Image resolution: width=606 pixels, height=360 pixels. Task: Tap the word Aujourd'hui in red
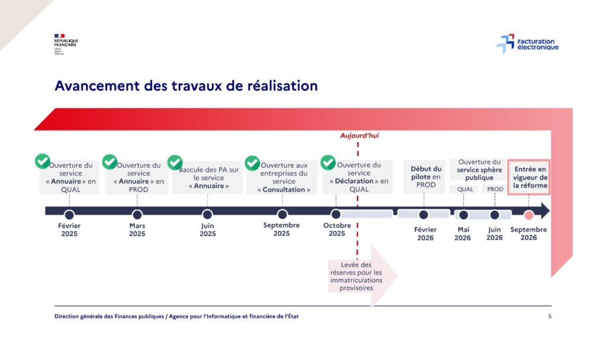coord(359,136)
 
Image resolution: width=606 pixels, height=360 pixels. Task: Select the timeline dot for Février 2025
coord(69,214)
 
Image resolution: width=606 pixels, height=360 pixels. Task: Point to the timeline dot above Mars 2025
coord(137,214)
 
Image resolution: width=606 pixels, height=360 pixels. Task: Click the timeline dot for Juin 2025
coord(207,214)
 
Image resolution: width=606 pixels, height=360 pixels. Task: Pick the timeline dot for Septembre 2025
coord(282,214)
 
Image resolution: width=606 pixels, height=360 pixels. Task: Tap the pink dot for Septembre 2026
coord(529,214)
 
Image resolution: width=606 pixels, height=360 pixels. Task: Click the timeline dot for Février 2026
coord(424,214)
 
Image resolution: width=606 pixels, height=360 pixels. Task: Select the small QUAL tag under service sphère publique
coord(465,189)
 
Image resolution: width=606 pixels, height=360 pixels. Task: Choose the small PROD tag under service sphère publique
coord(495,189)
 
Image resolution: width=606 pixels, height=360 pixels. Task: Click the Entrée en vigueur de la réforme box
coord(529,177)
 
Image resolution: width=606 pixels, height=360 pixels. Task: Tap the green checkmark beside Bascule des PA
coord(175,162)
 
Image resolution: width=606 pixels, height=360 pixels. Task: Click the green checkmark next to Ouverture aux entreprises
coord(253,163)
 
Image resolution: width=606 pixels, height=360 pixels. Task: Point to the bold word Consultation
coord(283,189)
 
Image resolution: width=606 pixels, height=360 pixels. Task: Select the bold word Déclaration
coord(355,181)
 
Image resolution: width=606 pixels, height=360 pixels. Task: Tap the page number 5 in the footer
coord(550,316)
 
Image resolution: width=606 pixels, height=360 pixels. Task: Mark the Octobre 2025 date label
coord(337,229)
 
